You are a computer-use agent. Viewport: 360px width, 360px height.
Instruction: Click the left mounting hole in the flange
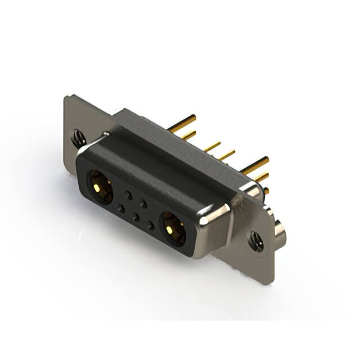click(77, 136)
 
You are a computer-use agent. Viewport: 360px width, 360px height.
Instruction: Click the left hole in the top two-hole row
click(129, 195)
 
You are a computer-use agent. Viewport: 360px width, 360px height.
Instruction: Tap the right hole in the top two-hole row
click(143, 203)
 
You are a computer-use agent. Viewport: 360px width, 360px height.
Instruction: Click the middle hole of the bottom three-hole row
click(136, 217)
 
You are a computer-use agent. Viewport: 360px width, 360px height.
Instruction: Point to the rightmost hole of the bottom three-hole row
click(150, 226)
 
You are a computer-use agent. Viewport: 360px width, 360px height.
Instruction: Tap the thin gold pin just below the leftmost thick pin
click(188, 134)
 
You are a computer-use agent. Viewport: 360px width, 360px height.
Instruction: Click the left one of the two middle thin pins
click(212, 146)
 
